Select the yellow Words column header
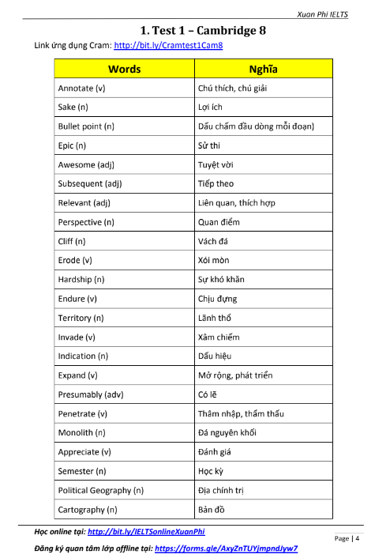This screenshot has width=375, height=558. point(124,69)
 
